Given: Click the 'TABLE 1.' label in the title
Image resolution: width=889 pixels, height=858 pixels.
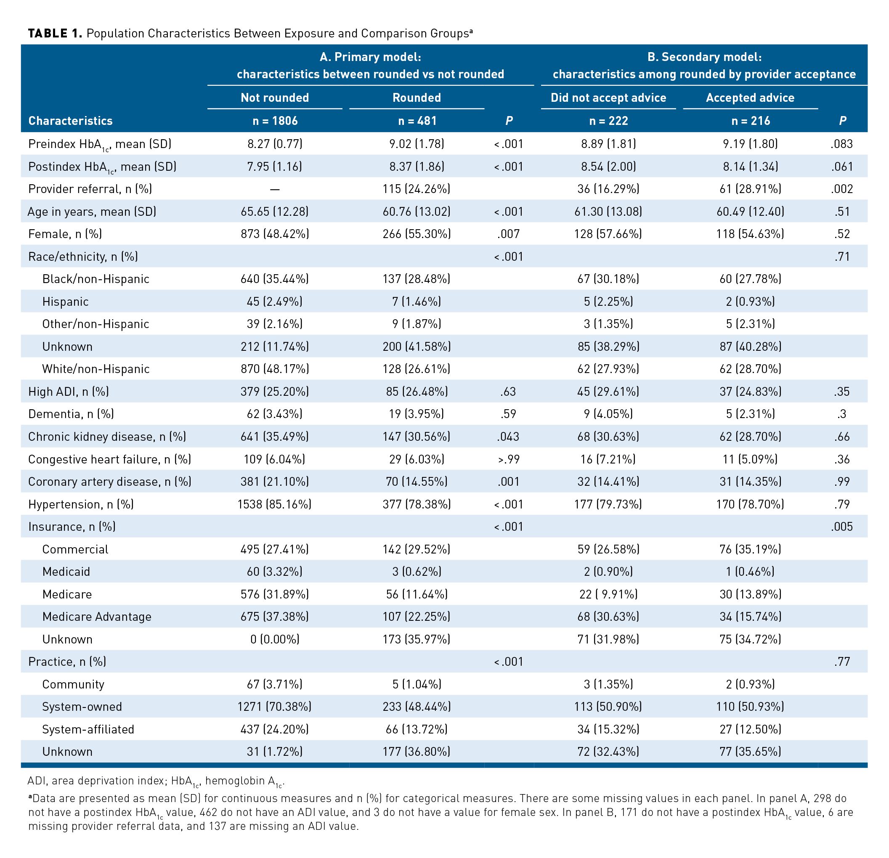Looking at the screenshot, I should coord(55,34).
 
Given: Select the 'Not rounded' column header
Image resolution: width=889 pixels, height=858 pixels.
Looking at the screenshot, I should coord(274,98).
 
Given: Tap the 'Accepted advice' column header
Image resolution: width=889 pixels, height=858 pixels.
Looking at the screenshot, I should coord(750,98).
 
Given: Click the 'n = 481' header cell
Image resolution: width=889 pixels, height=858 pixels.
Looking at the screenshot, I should coord(417,121).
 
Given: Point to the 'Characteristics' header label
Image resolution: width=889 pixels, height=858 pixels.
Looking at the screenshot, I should coord(70,121).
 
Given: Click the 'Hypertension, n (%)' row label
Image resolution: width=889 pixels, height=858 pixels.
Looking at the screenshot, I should coord(81,504).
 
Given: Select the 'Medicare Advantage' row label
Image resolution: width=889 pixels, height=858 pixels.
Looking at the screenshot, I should coord(97,617).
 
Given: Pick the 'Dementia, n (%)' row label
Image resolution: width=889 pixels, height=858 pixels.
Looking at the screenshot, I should coord(71,414).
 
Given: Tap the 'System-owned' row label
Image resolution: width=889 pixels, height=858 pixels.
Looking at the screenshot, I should coord(82,707).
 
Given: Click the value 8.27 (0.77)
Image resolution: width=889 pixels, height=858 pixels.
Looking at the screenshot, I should coord(274,144).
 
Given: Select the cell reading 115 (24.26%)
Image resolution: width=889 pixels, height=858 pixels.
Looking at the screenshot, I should coord(417,189).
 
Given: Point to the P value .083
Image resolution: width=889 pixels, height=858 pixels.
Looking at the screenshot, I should coord(842,144).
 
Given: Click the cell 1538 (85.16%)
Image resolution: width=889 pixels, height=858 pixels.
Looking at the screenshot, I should coord(274,504).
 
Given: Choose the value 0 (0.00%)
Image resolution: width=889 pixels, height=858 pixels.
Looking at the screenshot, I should coord(274,639).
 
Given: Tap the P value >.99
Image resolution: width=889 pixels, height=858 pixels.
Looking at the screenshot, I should coord(509,459).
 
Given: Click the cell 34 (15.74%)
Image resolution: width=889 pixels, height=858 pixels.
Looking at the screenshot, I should coord(750,617).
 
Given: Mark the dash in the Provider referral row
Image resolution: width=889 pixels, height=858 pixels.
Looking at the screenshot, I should coord(274,189).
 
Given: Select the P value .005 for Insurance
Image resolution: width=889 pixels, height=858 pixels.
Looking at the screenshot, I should coord(842,527).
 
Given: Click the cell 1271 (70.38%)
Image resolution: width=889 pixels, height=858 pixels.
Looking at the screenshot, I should coord(274,707).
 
